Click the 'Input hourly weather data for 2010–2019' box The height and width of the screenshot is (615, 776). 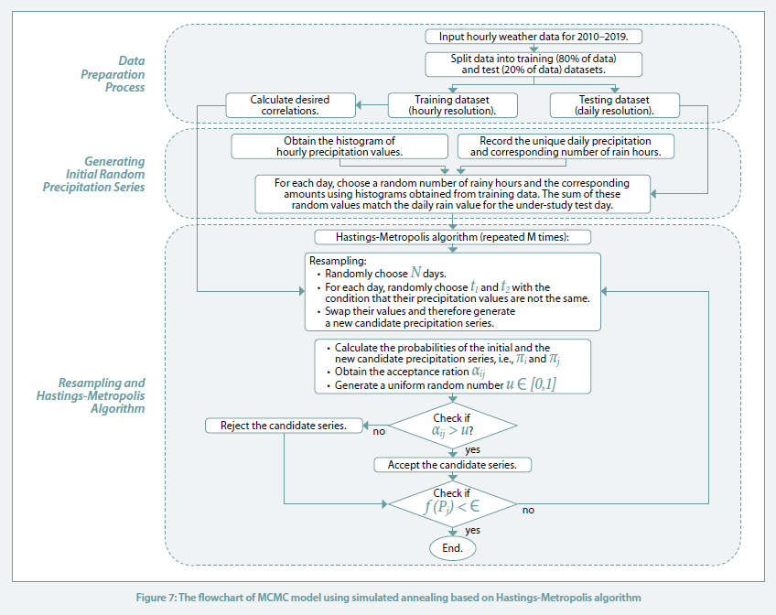click(533, 37)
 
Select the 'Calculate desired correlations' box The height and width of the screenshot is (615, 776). click(290, 105)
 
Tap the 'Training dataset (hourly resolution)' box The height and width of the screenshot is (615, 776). click(452, 105)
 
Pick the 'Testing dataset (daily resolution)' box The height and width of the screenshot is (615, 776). click(615, 105)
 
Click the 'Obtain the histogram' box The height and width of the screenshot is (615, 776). click(339, 146)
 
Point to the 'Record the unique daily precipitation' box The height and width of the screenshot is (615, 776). click(566, 146)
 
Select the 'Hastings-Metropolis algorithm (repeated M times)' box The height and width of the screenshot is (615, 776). click(452, 237)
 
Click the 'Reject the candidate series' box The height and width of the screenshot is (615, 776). click(284, 426)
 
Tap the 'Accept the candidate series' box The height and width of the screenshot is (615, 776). click(452, 465)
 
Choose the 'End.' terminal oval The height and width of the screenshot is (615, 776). click(452, 548)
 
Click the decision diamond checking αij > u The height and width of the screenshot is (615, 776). click(452, 426)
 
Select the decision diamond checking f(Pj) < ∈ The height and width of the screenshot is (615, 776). click(452, 504)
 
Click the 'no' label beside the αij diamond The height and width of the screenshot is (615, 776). click(379, 431)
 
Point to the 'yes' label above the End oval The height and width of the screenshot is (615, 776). click(472, 531)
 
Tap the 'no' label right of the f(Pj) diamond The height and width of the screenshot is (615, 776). click(528, 510)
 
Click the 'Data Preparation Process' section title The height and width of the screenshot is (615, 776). click(113, 74)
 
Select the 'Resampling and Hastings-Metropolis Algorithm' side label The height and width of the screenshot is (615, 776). click(91, 396)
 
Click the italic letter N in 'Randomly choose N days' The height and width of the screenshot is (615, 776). click(415, 273)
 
